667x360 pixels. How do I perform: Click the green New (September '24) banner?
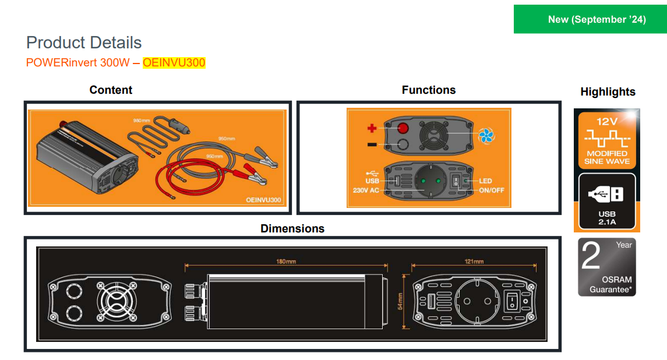[590, 20]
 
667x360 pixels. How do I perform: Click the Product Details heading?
[84, 43]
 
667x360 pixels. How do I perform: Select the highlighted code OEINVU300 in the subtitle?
[174, 62]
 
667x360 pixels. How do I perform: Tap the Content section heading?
[111, 90]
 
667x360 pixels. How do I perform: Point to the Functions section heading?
[429, 90]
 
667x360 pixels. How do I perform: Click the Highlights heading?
[608, 91]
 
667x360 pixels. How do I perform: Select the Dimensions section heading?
[292, 228]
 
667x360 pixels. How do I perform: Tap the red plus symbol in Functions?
[371, 128]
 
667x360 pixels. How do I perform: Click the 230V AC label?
[366, 190]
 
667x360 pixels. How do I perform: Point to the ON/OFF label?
[491, 190]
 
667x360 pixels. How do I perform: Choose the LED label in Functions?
[485, 181]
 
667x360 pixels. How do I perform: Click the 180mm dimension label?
[285, 262]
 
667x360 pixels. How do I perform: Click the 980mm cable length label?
[142, 120]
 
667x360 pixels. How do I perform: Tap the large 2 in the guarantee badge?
[591, 257]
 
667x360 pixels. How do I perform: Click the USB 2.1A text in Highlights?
[607, 218]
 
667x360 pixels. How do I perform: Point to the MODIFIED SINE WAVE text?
[607, 157]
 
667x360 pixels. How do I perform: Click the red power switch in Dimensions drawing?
[511, 301]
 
